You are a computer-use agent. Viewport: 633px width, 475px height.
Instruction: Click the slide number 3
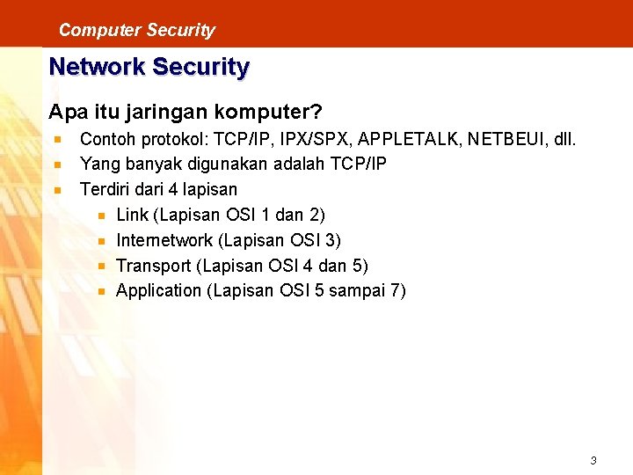(x=593, y=460)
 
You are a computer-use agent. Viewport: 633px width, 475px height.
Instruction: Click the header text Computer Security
(x=136, y=30)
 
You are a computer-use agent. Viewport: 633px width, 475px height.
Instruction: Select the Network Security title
(x=149, y=67)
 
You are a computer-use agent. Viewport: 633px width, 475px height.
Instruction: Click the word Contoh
(x=105, y=139)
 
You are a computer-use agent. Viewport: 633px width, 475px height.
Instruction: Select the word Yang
(x=97, y=164)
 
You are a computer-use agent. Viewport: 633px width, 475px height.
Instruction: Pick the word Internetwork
(x=164, y=240)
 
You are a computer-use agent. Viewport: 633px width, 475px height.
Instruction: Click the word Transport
(x=153, y=266)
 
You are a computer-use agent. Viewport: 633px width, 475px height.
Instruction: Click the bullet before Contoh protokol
(x=57, y=139)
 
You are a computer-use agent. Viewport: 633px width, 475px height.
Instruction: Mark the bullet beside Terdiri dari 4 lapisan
(x=57, y=189)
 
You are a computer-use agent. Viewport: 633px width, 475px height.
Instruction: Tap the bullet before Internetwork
(x=102, y=240)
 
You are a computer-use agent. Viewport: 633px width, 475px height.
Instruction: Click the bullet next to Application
(x=102, y=291)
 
